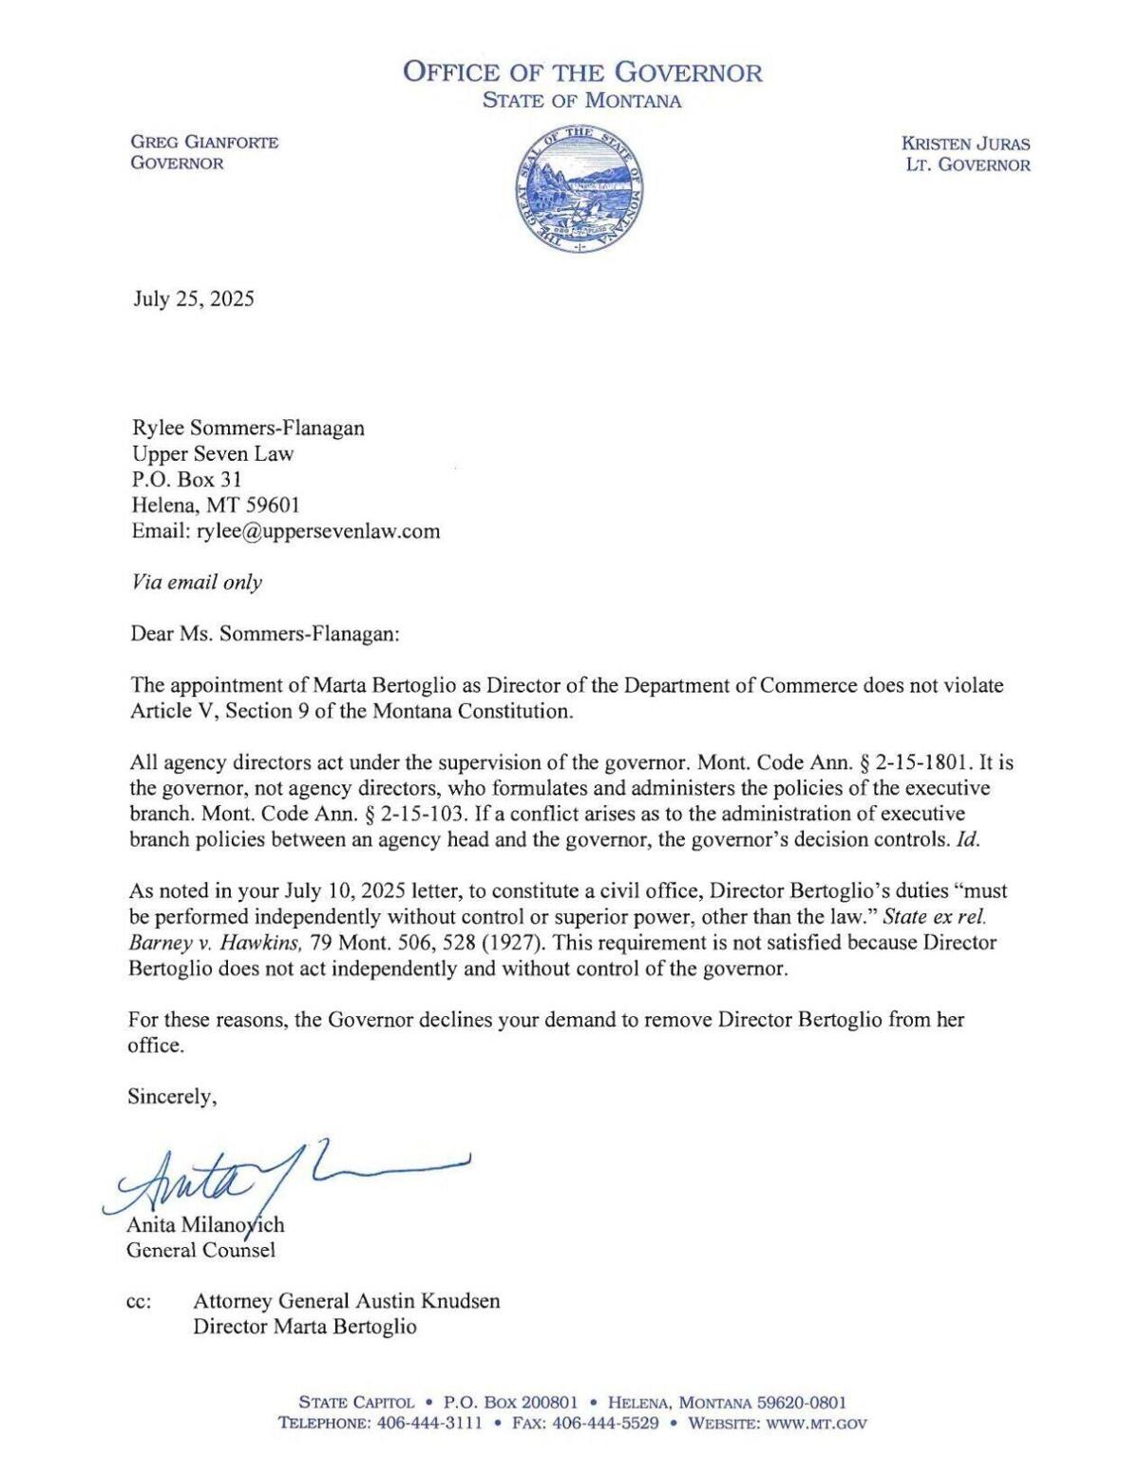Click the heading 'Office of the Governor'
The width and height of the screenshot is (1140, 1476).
[582, 72]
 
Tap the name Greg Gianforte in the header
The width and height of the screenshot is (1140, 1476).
[204, 143]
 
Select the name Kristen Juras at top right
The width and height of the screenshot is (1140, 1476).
[965, 144]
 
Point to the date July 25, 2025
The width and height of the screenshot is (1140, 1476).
[193, 299]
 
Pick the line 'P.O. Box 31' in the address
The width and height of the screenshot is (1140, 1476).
[186, 480]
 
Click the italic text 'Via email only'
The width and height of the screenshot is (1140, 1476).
[196, 583]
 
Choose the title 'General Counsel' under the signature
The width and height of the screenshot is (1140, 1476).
[201, 1250]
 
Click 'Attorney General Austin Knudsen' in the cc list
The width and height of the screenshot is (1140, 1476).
[346, 1301]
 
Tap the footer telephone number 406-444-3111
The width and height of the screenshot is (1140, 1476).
[430, 1424]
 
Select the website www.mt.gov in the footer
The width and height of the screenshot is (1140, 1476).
[822, 1424]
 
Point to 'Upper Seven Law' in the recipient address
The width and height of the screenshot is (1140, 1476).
[213, 453]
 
